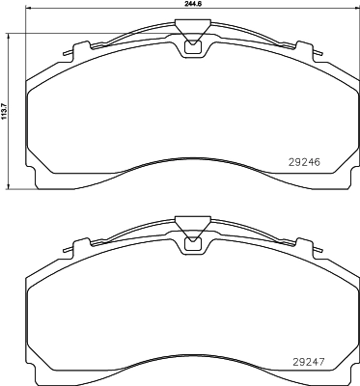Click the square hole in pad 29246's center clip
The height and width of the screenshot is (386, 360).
pyautogui.click(x=190, y=44)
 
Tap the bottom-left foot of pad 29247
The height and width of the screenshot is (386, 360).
pyautogui.click(x=41, y=378)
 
